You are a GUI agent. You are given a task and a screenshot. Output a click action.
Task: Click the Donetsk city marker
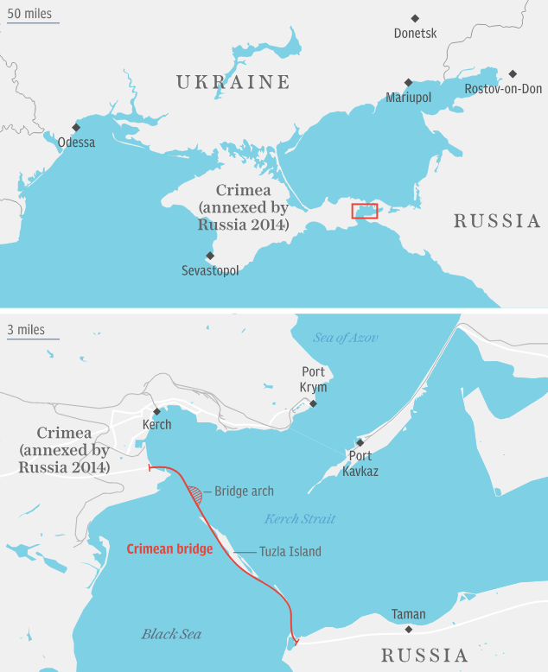415,18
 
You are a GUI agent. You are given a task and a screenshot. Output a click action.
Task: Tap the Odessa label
76,143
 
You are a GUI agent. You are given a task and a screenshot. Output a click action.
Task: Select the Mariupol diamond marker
409,83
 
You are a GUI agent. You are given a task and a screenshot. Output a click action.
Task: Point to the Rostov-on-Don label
503,89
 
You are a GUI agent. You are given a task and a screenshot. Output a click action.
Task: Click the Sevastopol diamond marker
209,256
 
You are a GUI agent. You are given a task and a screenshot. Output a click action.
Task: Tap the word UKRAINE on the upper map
233,83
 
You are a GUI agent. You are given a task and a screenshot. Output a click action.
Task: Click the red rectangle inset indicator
364,211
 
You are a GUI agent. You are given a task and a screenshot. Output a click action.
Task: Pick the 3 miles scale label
26,330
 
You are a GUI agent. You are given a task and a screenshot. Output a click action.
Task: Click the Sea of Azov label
346,338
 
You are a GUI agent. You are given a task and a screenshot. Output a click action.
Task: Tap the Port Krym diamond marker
313,403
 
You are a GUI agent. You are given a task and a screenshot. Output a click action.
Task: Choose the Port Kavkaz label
360,464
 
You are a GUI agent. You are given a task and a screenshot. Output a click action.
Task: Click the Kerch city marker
156,411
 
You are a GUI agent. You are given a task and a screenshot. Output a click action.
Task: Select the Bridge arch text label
244,491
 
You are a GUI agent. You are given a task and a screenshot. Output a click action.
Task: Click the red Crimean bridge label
169,548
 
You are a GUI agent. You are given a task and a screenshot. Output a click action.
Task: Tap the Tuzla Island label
290,552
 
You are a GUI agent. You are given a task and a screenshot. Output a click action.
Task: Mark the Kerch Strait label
300,519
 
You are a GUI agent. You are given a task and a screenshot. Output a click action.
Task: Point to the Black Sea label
171,635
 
